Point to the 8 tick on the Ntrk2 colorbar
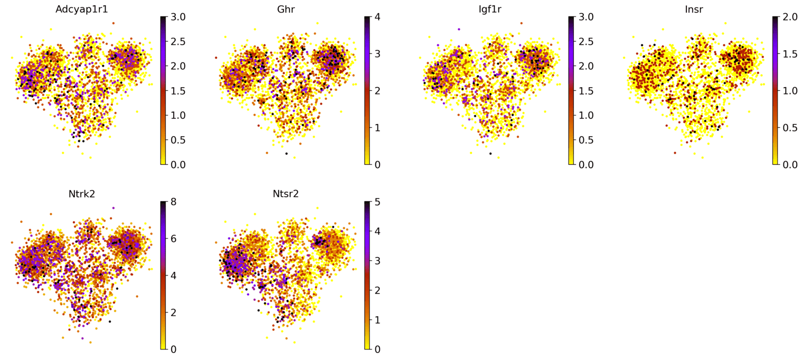click(x=173, y=202)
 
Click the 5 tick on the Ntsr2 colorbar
click(x=377, y=202)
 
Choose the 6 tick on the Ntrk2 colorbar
click(x=173, y=239)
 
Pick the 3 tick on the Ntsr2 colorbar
click(x=377, y=261)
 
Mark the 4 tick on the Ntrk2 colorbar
click(x=173, y=276)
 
